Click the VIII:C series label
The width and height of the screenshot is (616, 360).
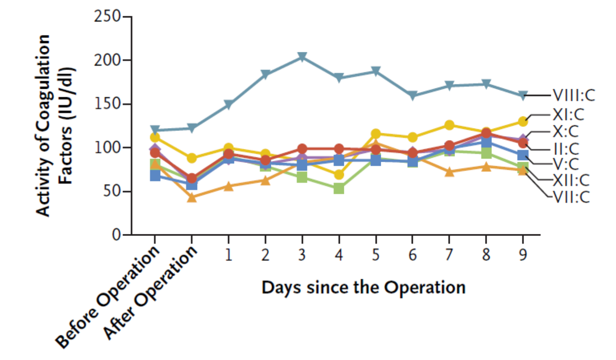[574, 96]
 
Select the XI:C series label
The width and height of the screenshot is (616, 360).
[568, 115]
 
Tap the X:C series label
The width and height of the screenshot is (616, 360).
[566, 131]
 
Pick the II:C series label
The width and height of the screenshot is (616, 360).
[566, 149]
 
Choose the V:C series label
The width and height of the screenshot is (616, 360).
[566, 164]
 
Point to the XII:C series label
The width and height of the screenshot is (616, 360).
[571, 180]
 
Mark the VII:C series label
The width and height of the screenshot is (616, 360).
[571, 197]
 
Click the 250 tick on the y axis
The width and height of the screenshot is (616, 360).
[107, 17]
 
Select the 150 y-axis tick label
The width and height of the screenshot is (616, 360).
[107, 104]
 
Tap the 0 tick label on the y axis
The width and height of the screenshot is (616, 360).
[116, 235]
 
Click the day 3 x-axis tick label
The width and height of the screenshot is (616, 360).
[302, 255]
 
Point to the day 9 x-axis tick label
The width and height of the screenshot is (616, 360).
[523, 255]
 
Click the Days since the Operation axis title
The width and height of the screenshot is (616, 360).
[363, 287]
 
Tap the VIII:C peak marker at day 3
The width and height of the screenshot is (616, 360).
[302, 57]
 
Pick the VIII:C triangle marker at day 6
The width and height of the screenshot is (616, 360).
[413, 96]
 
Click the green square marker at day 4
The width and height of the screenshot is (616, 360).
[339, 188]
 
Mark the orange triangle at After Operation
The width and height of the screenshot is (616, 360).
[192, 197]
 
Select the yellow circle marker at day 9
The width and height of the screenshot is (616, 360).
[523, 121]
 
